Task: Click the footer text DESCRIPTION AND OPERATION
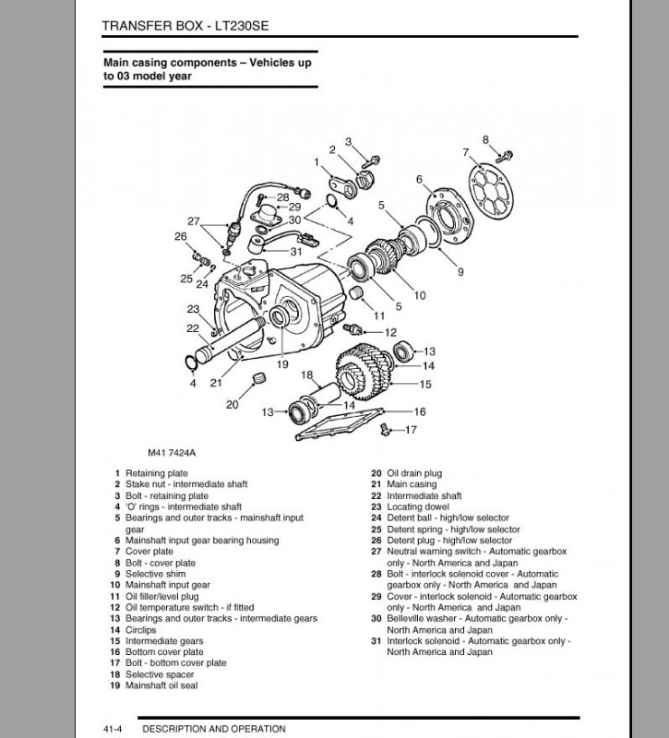point(214,729)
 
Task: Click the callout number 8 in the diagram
point(485,140)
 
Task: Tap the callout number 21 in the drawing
point(214,382)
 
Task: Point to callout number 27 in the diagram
point(193,221)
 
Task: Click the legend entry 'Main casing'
point(412,484)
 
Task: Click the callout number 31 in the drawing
point(296,251)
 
